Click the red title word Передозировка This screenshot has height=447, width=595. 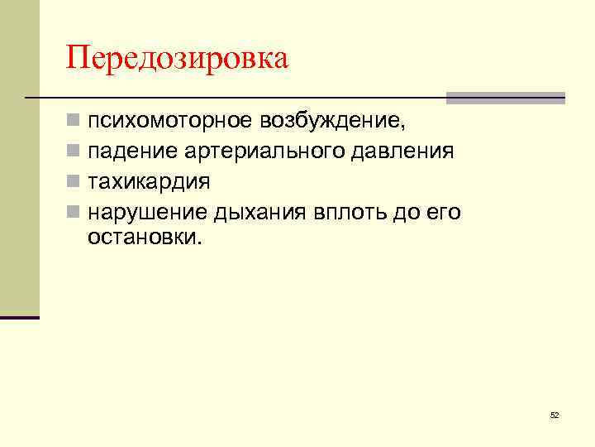coord(178,60)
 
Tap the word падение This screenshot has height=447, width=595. coord(128,151)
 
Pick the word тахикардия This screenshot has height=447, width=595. coord(149,181)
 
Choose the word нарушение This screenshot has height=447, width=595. coord(148,212)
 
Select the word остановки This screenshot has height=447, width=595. coord(143,238)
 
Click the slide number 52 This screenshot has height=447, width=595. coord(554,415)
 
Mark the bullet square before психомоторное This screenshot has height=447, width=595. coord(74,123)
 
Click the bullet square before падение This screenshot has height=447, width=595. coord(74,152)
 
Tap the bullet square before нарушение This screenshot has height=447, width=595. coord(74,212)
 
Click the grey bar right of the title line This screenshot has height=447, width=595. coord(505,98)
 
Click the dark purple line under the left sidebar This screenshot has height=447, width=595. coord(20,317)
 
